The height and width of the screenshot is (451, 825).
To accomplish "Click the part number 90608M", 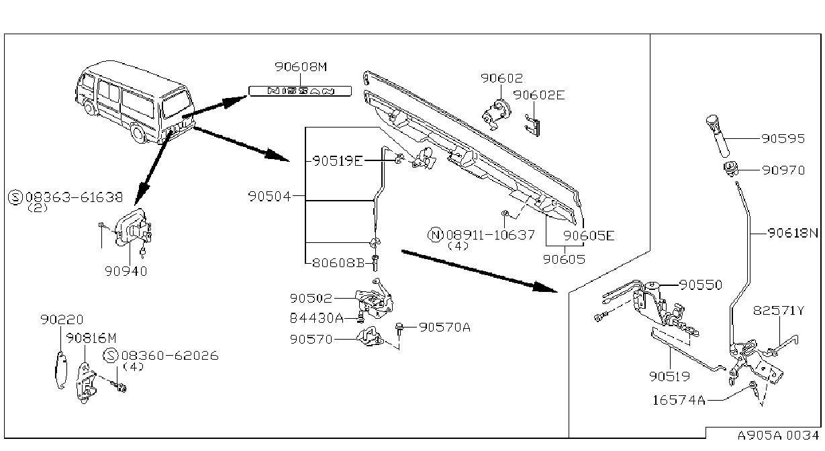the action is pyautogui.click(x=301, y=66).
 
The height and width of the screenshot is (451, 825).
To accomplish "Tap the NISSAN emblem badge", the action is pyautogui.click(x=300, y=91).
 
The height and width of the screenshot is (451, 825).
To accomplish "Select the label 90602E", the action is pyautogui.click(x=539, y=95).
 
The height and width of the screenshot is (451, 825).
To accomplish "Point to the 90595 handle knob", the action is pyautogui.click(x=718, y=136).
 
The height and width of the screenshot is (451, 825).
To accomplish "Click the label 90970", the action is pyautogui.click(x=783, y=170).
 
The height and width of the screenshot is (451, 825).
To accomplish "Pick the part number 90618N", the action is pyautogui.click(x=793, y=233).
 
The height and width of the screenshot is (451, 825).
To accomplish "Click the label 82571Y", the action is pyautogui.click(x=779, y=310).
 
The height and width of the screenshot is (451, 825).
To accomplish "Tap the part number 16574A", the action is pyautogui.click(x=679, y=400).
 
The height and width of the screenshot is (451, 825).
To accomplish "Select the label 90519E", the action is pyautogui.click(x=338, y=161).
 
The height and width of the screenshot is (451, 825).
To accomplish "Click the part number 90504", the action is pyautogui.click(x=270, y=196).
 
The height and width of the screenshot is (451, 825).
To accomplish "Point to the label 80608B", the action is pyautogui.click(x=338, y=263).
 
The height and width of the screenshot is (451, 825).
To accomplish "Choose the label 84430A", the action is pyautogui.click(x=317, y=317).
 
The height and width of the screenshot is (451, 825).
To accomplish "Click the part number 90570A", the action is pyautogui.click(x=445, y=327).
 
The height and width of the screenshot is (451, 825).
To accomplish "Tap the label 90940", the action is pyautogui.click(x=126, y=271).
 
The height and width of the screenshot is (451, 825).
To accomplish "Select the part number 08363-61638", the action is pyautogui.click(x=74, y=197).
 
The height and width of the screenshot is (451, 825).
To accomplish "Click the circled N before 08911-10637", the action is pyautogui.click(x=436, y=234).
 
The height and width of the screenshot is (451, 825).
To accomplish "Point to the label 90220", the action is pyautogui.click(x=62, y=319).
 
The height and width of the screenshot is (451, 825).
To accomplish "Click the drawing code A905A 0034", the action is pyautogui.click(x=779, y=436).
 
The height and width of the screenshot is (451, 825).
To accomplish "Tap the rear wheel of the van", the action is pyautogui.click(x=138, y=133).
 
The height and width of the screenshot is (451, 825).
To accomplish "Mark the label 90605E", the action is pyautogui.click(x=589, y=236).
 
